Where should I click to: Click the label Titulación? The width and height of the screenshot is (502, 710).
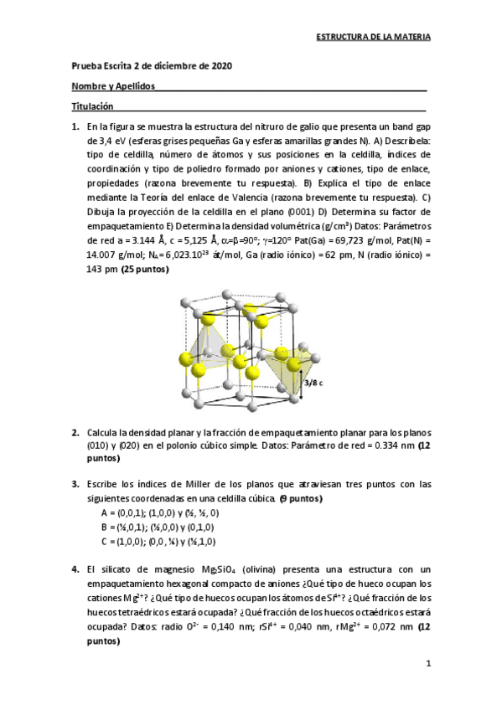tap(91, 106)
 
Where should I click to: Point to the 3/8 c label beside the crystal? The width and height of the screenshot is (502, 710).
tap(313, 382)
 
